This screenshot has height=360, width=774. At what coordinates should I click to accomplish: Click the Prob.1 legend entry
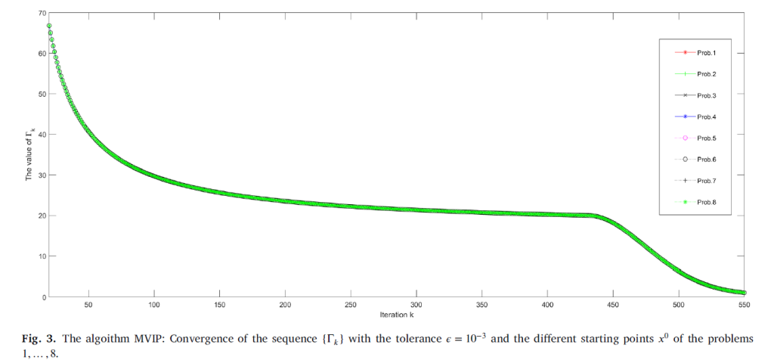707,52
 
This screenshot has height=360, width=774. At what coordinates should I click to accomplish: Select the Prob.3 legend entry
707,95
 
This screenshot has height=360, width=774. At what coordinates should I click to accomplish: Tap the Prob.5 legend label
707,138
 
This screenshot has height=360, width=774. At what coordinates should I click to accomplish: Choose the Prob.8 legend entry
707,202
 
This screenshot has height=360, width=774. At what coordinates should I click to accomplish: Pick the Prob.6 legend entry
707,159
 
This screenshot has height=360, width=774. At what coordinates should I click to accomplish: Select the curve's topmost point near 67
49,26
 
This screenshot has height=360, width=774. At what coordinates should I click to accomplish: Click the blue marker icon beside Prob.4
683,116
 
